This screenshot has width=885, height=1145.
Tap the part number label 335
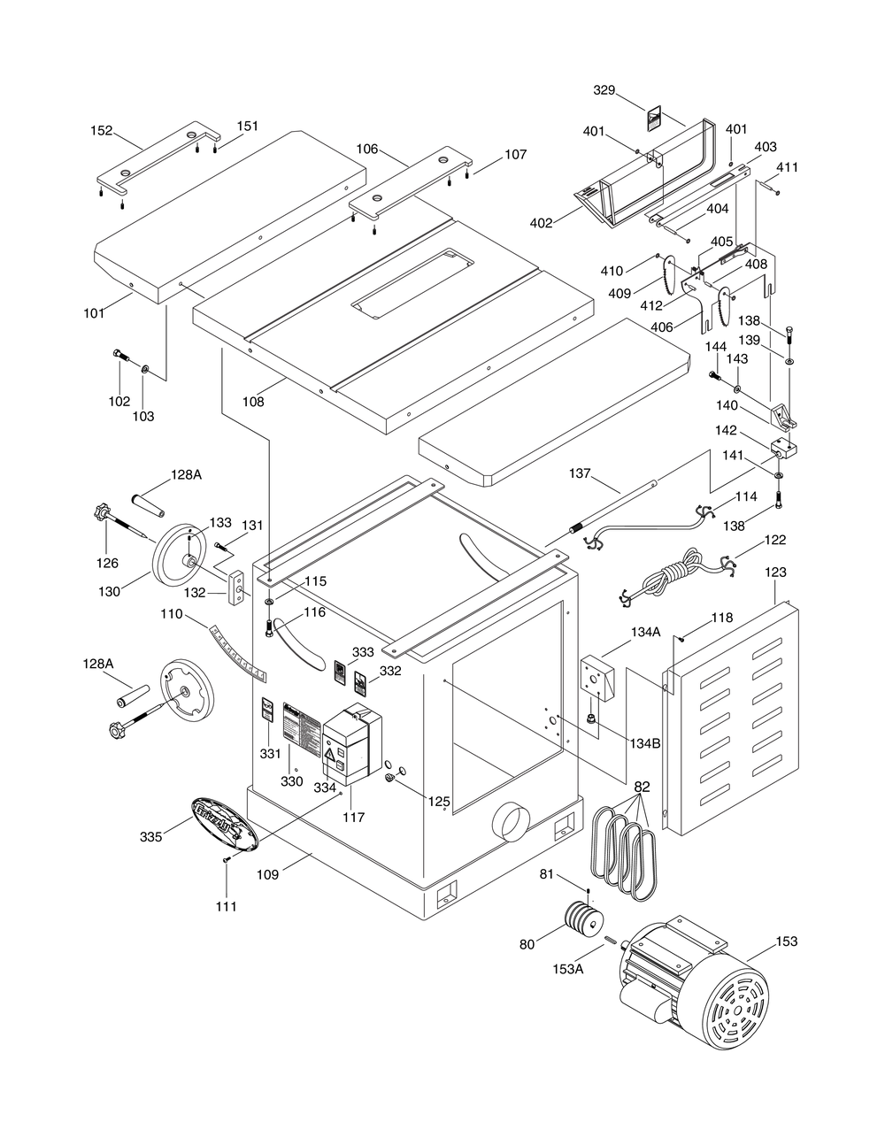point(150,836)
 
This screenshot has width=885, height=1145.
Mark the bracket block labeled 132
point(238,587)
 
